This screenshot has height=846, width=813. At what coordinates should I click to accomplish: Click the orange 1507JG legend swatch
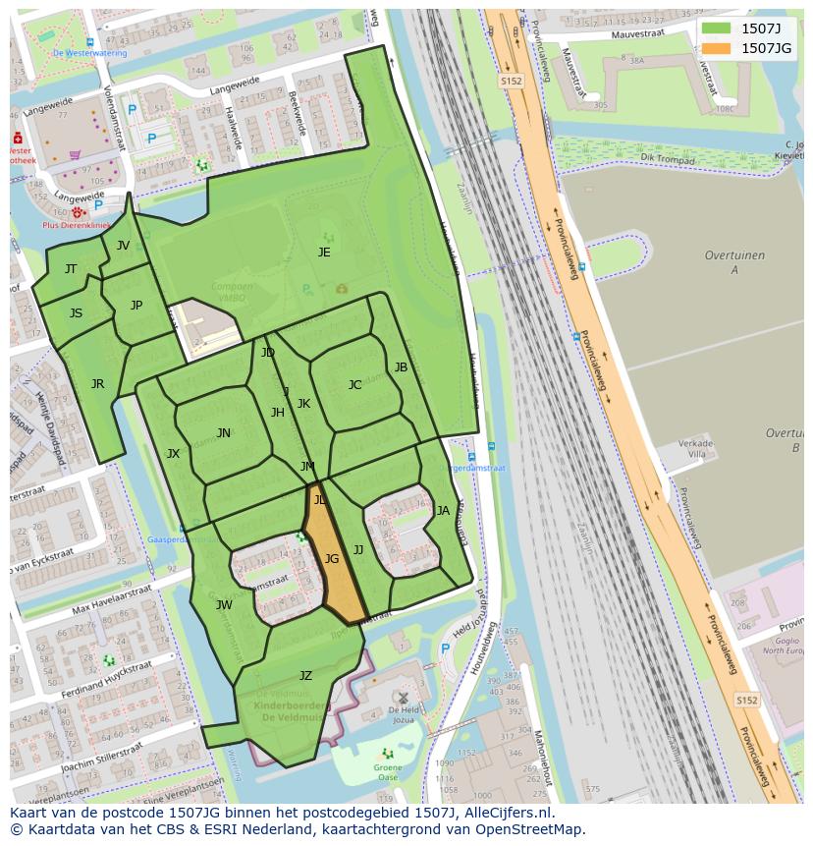pyautogui.click(x=717, y=48)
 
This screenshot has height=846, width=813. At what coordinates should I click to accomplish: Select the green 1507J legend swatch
pyautogui.click(x=717, y=28)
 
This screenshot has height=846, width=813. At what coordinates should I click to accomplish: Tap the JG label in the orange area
pyautogui.click(x=332, y=559)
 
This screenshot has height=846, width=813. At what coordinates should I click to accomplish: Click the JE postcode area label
pyautogui.click(x=324, y=253)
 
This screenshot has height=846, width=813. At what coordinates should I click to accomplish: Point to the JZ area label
pyautogui.click(x=305, y=676)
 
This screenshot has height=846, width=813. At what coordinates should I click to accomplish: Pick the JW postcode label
pyautogui.click(x=224, y=605)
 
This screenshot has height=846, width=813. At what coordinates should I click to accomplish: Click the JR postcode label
pyautogui.click(x=97, y=384)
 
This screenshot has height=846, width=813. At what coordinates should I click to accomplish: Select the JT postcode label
pyautogui.click(x=71, y=269)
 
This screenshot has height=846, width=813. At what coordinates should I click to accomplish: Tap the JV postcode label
pyautogui.click(x=123, y=246)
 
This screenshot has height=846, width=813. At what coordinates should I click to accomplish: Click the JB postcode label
pyautogui.click(x=401, y=367)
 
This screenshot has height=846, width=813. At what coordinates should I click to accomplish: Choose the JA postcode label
pyautogui.click(x=443, y=511)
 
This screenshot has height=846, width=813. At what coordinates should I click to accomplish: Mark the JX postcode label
pyautogui.click(x=173, y=454)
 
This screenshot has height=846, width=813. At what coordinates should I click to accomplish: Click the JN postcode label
pyautogui.click(x=224, y=433)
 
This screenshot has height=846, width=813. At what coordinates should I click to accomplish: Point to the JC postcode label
pyautogui.click(x=354, y=385)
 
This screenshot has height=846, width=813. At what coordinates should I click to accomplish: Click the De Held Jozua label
pyautogui.click(x=404, y=713)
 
